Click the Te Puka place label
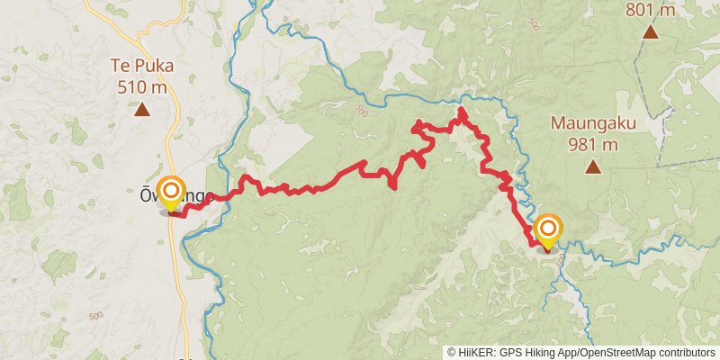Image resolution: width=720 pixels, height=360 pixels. (142, 66)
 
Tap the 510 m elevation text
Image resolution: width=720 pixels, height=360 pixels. (142, 87)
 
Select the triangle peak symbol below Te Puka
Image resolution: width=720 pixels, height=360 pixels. (142, 110)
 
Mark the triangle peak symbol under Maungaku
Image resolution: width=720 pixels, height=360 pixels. (592, 166)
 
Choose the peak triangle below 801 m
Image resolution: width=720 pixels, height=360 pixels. (651, 33)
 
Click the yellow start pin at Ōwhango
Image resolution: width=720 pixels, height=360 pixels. (170, 192)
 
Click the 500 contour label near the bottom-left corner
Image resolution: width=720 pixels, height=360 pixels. (96, 316)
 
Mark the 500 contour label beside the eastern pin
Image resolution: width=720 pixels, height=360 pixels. (562, 259)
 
